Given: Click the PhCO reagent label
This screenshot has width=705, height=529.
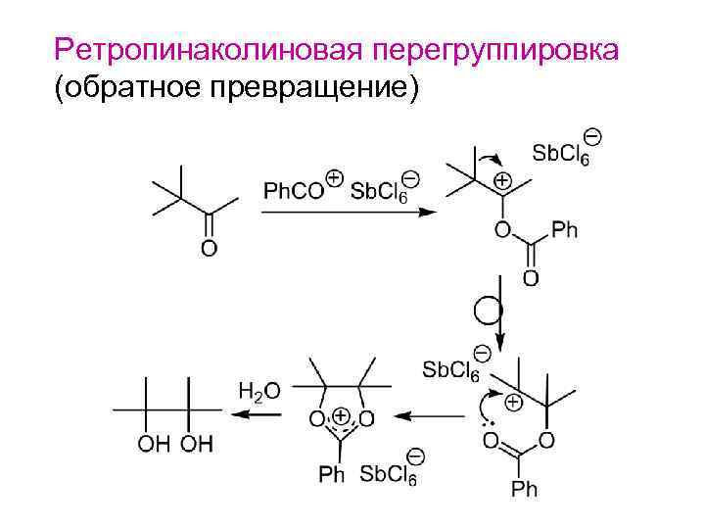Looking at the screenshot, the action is pyautogui.click(x=292, y=189).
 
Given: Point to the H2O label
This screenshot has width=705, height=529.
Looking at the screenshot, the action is pyautogui.click(x=258, y=391).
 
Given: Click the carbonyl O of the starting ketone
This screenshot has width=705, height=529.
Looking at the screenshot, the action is pyautogui.click(x=209, y=249).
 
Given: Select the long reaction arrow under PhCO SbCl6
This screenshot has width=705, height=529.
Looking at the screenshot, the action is pyautogui.click(x=348, y=212).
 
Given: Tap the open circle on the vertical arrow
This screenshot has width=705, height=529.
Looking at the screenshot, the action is pyautogui.click(x=487, y=311).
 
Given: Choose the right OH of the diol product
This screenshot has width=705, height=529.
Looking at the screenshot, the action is pyautogui.click(x=196, y=446).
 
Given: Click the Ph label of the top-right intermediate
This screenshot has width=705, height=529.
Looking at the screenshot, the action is pyautogui.click(x=565, y=231).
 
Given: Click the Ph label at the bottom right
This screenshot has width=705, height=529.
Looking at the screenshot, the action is pyautogui.click(x=524, y=488).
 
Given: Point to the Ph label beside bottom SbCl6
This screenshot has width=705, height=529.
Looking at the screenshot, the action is pyautogui.click(x=332, y=475).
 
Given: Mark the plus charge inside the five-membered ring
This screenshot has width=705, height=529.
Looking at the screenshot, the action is pyautogui.click(x=341, y=415).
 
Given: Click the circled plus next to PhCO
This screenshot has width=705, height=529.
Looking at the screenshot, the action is pyautogui.click(x=334, y=178).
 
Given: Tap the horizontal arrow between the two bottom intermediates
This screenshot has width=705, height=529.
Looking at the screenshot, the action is pyautogui.click(x=432, y=415).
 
